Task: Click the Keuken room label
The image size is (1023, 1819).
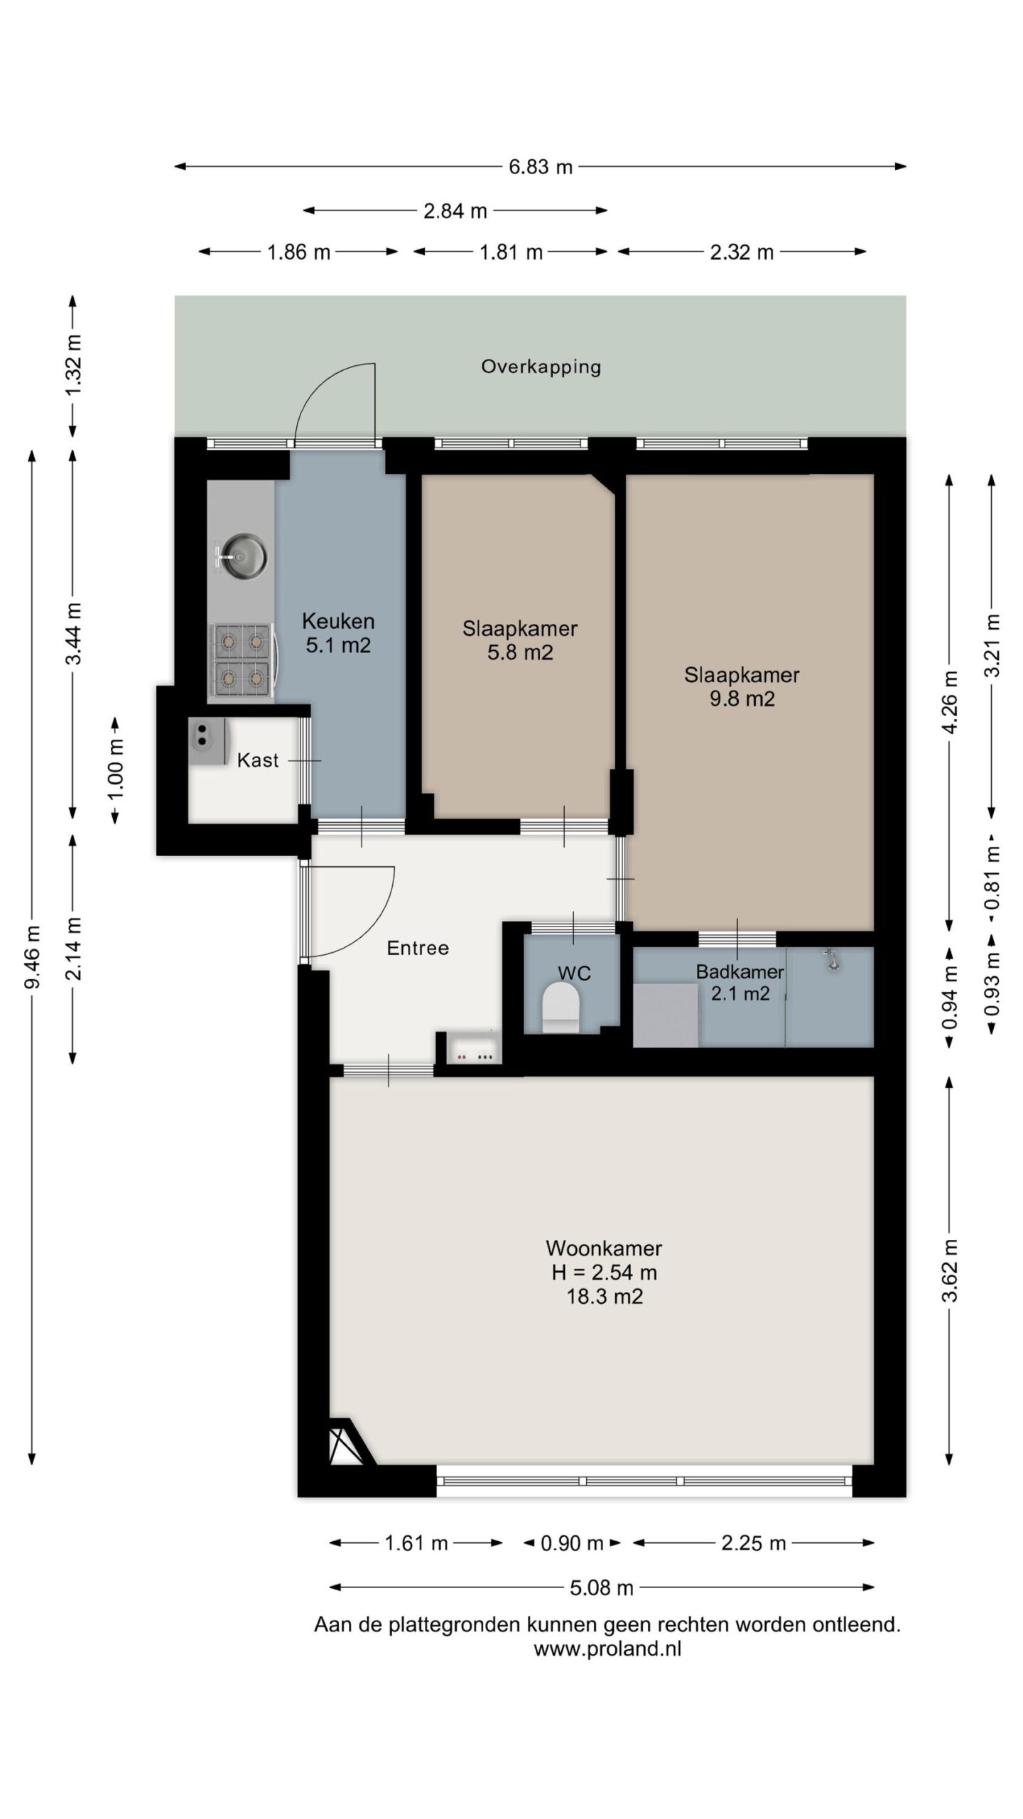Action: (x=338, y=621)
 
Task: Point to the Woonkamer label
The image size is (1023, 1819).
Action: (x=604, y=1248)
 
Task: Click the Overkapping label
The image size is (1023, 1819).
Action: (x=541, y=367)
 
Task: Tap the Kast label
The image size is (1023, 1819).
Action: (x=258, y=760)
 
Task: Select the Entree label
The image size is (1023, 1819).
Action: (x=418, y=948)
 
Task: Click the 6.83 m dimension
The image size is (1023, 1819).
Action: (x=541, y=167)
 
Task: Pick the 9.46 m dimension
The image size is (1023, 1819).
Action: (x=32, y=956)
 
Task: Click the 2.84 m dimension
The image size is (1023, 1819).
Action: (x=455, y=210)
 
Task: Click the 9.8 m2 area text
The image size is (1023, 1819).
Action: (x=742, y=699)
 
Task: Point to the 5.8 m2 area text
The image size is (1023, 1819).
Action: (x=520, y=652)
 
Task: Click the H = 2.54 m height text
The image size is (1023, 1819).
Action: (x=605, y=1272)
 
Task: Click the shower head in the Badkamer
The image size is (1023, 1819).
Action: (x=829, y=960)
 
